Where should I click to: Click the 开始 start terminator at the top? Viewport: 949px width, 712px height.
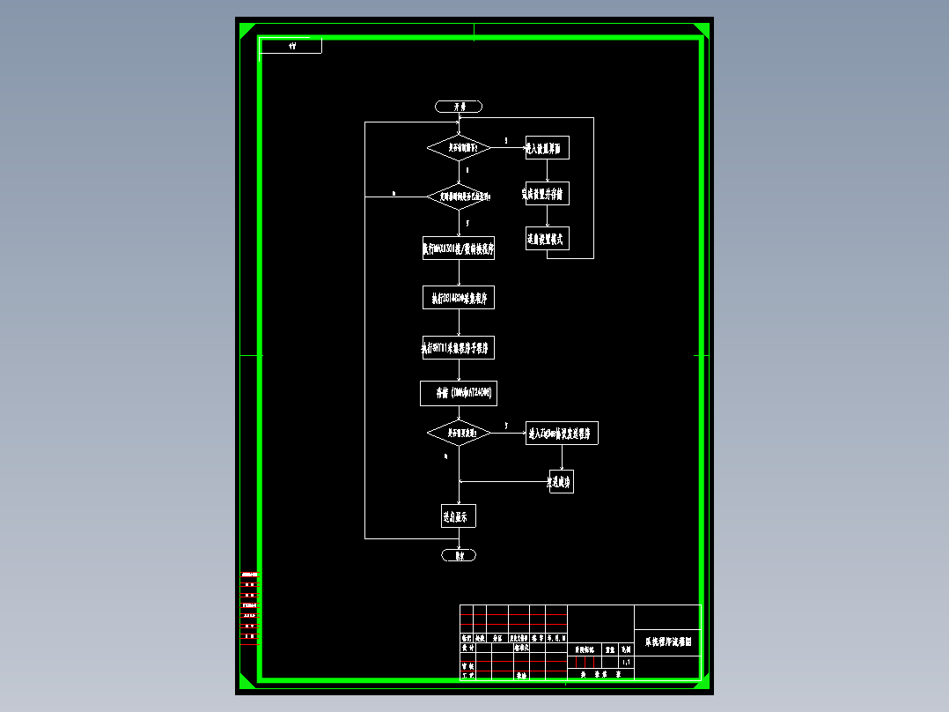[x=458, y=107]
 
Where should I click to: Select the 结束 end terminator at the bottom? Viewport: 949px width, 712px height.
[x=458, y=555]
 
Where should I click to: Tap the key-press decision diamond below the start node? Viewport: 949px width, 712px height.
[x=459, y=147]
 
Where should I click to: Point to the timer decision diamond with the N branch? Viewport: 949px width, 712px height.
[x=459, y=197]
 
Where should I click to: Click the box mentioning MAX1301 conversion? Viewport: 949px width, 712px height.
[x=458, y=248]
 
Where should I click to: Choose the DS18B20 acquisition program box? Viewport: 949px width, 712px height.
[x=458, y=298]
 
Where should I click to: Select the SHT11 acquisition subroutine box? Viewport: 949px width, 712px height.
[x=458, y=347]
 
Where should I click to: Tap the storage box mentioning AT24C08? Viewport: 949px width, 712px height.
[x=458, y=393]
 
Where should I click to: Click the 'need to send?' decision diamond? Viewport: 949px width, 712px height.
[x=459, y=433]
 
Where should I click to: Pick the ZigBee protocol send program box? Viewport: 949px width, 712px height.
[x=562, y=433]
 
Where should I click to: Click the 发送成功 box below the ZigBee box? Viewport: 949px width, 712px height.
[x=561, y=482]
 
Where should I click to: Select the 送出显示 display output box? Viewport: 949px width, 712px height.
[x=458, y=515]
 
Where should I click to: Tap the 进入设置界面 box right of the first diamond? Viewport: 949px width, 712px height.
[x=547, y=148]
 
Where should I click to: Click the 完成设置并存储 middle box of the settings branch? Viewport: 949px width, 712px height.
[x=547, y=193]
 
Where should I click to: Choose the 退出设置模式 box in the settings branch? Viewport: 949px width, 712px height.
[x=547, y=238]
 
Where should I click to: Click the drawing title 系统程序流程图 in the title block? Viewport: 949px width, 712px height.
[x=667, y=642]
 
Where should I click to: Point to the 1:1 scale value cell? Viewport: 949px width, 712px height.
[x=626, y=661]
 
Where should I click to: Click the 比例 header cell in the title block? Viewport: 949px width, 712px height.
[x=626, y=649]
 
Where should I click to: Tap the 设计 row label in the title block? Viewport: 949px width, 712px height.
[x=467, y=647]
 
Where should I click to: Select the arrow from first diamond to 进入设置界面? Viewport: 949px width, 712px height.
[x=508, y=147]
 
